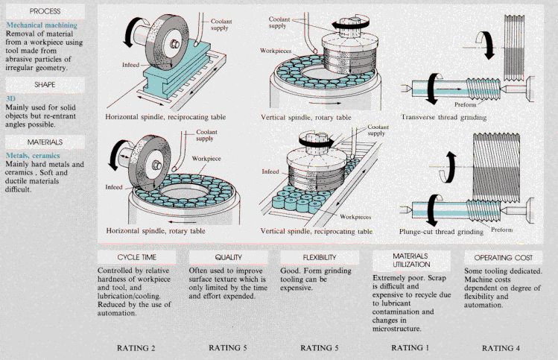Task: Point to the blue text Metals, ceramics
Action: click(31, 155)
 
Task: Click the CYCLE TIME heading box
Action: click(136, 256)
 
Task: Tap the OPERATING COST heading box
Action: click(502, 256)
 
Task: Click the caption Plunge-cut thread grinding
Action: click(443, 231)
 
